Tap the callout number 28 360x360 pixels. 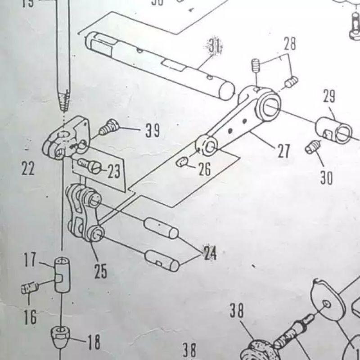[x=290, y=44]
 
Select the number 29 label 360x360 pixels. [x=329, y=97]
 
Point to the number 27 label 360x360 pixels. [x=283, y=151]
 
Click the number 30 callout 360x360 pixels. [x=326, y=178]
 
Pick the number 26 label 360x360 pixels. [x=204, y=170]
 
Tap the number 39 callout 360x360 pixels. [x=152, y=131]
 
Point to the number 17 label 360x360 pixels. [x=30, y=260]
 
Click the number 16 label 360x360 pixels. [x=30, y=318]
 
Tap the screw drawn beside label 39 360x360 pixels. [x=108, y=127]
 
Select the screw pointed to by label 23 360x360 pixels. [x=88, y=166]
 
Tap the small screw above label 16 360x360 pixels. [x=29, y=288]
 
